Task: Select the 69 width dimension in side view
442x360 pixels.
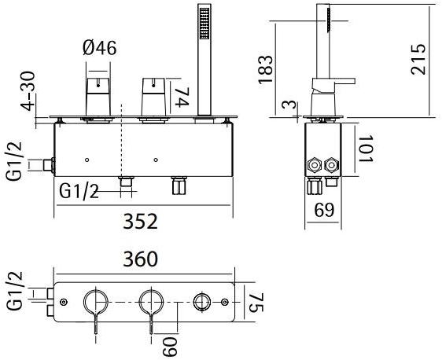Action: point(323,211)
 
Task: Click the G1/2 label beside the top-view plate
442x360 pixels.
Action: point(13,291)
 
